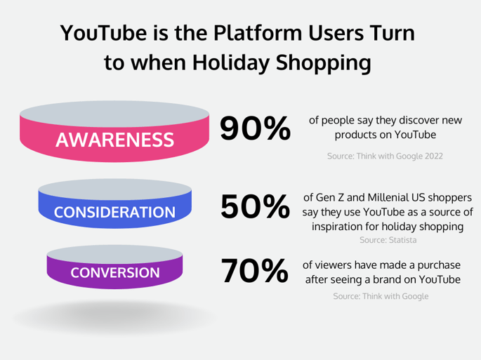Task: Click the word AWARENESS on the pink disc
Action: coord(114,140)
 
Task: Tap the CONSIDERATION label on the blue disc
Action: coord(114,212)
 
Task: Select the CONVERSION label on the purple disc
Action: coord(114,272)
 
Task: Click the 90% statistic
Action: coord(255,128)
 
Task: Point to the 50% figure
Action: coord(255,206)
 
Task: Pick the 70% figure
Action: coord(255,272)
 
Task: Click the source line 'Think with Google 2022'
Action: coord(385,155)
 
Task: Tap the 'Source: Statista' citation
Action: coord(388,240)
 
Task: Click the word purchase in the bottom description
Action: coord(436,265)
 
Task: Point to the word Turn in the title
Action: coord(390,33)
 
